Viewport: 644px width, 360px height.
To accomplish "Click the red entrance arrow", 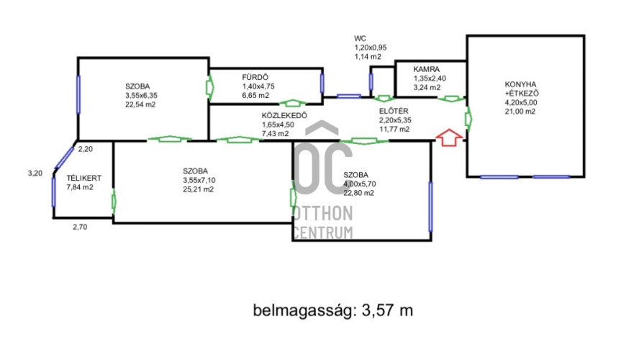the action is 449,138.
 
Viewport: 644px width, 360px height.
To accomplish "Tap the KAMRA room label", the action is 426,69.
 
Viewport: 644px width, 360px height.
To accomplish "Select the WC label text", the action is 360,39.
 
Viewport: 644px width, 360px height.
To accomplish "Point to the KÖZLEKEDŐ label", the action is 284,115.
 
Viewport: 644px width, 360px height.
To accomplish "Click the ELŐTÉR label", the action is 394,111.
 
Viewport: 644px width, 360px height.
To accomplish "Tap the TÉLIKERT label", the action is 83,179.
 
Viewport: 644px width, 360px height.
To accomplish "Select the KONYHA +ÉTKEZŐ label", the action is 522,89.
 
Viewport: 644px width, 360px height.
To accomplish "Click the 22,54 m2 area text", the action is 140,104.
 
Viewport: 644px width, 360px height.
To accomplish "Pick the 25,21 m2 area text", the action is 199,189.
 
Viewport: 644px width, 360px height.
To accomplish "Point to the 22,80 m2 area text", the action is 358,193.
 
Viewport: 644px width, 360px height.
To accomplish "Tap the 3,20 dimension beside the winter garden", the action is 35,174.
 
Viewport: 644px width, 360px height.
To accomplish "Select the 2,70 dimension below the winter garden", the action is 80,227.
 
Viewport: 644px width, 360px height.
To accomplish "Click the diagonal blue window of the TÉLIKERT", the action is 64,158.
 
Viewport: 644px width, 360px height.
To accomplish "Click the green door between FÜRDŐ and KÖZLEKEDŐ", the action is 292,102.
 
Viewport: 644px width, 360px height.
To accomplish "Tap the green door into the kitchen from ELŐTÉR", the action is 468,119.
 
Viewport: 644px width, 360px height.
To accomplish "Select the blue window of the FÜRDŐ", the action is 322,84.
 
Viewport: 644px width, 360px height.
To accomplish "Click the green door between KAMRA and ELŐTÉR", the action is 451,99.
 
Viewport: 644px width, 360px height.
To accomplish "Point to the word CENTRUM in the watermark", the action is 323,233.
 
